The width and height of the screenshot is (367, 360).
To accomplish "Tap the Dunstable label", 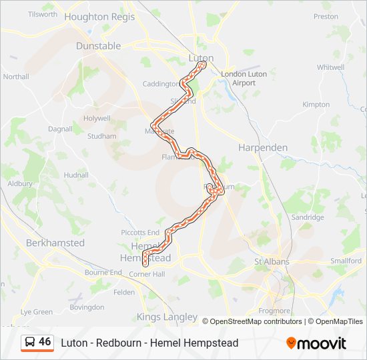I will point(98,46).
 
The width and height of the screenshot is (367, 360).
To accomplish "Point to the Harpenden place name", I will point(263,147).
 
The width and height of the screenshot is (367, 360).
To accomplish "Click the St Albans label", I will point(272,261).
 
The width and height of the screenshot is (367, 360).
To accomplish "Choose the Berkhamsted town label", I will point(55,243).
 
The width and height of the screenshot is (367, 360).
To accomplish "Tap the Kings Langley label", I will point(167,317).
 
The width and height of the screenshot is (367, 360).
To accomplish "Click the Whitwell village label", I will point(330,67).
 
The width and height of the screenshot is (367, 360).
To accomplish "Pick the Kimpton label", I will point(316,105).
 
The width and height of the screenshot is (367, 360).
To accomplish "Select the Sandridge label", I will point(308,217).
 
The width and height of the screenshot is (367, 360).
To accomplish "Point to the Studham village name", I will point(101,136).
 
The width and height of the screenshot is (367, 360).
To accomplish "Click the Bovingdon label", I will point(87,307).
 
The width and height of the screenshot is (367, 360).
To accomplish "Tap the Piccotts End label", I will point(138,232).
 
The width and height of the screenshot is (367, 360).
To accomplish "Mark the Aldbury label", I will point(20,183).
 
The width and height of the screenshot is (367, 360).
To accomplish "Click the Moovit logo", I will point(316,343).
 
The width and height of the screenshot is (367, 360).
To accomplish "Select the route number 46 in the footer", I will point(45,342).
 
